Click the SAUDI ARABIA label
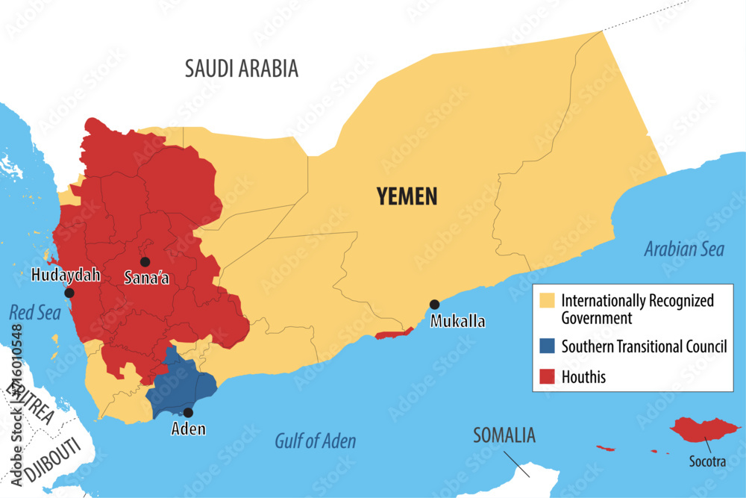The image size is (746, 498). point(241,69)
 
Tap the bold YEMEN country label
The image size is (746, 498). point(407,196)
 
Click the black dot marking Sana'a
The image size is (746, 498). point(145,261)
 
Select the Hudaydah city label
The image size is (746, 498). point(66,276)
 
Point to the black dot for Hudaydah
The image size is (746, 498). point(69,293)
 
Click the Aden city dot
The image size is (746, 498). point(188,412)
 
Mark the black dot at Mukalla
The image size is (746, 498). point(434,305)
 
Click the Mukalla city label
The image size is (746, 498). point(457,322)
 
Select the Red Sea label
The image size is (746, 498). point(34,312)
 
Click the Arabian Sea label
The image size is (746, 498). point(684,249)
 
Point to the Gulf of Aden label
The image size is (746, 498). point(315,441)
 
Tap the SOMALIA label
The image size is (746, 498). point(504,435)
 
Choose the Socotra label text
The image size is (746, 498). point(707,461)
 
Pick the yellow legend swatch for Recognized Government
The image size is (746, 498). point(548,301)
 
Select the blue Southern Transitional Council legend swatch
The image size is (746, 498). point(548,346)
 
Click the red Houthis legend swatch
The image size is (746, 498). point(548,377)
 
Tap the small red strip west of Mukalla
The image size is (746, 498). point(394,333)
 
